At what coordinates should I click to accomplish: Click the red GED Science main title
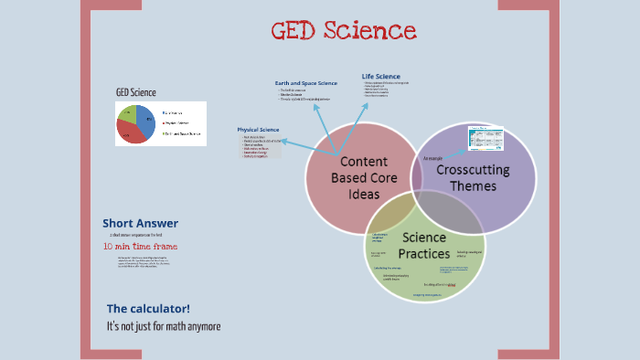click(x=344, y=31)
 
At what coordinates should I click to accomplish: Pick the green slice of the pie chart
click(x=128, y=114)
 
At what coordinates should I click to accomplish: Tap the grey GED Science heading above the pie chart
click(x=135, y=92)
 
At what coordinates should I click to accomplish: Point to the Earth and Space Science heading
click(x=306, y=83)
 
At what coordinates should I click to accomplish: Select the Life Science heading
click(x=380, y=76)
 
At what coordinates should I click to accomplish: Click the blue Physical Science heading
click(x=258, y=130)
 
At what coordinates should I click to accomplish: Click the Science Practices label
click(x=423, y=245)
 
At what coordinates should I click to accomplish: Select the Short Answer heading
click(x=140, y=223)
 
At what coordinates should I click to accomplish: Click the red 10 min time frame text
click(x=140, y=246)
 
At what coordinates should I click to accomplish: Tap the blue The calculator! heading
click(x=148, y=308)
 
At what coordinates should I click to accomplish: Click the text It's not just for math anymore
click(x=164, y=325)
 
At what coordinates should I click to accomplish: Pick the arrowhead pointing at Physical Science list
click(x=284, y=142)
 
